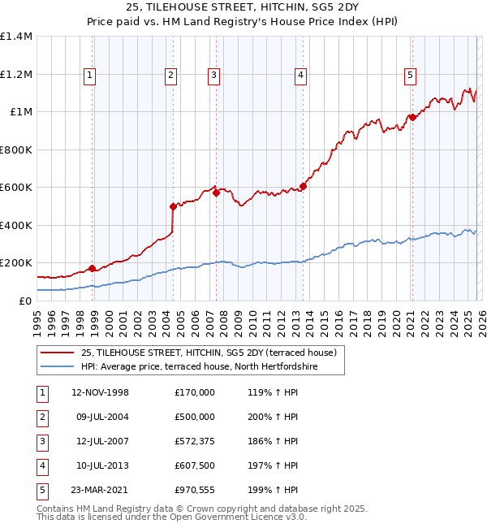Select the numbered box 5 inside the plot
coord(410,76)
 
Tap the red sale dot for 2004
coord(173,206)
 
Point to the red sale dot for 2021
coord(412,118)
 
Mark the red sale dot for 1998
coord(92,268)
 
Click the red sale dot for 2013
coord(303,186)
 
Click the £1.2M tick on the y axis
coord(16,74)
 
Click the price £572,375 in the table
coord(195,441)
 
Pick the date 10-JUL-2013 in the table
coord(101,465)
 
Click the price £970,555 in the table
coord(195,490)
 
